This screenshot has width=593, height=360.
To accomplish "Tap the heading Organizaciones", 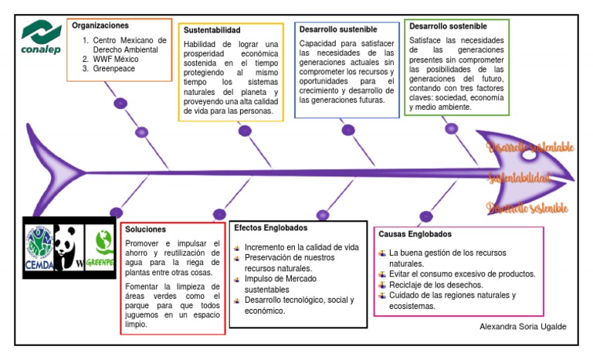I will pos(100,25).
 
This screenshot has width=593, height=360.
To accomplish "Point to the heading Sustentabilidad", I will pos(212,30).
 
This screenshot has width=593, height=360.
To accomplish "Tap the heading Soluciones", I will pos(146,230).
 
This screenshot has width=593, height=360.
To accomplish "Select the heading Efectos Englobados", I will pos(270,228).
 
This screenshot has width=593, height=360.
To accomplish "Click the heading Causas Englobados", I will pos(415,234).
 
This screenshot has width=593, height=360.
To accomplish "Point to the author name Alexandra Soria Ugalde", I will pos(523,327).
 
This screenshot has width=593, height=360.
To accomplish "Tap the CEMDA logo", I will pos(39,246).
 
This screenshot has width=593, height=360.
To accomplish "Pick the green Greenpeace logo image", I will pos(100,246).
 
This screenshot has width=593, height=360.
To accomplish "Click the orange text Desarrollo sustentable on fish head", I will pos(530,147).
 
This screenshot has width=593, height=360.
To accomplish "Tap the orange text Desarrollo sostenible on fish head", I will pos(528,208).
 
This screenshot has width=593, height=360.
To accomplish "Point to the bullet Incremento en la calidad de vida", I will pos(301,247).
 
